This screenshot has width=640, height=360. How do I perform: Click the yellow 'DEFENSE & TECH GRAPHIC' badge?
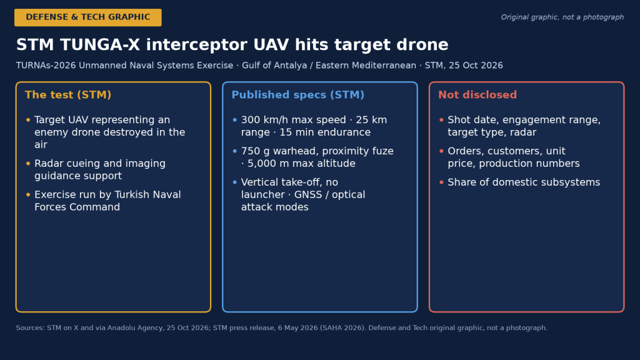[87, 17]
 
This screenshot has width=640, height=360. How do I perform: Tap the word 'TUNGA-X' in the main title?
[100, 44]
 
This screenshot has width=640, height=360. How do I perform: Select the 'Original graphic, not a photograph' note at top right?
[562, 17]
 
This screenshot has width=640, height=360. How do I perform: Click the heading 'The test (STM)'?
[68, 95]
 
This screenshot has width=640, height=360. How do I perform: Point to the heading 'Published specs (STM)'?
[298, 95]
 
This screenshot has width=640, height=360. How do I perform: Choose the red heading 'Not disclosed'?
[477, 95]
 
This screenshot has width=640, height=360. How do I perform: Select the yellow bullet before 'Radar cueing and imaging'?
[28, 164]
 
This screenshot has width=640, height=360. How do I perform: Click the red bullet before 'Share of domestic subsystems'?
[441, 182]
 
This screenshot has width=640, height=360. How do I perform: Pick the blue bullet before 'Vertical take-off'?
[235, 182]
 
